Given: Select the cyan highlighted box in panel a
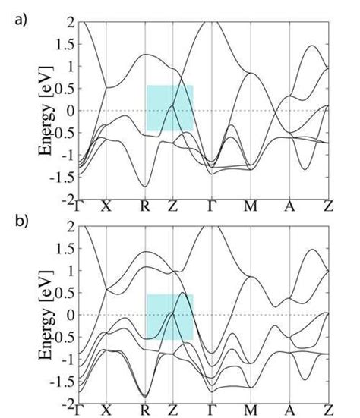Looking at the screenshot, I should (x=169, y=108).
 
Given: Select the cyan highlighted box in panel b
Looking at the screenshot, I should (x=169, y=316).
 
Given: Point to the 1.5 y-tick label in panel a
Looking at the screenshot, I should (x=63, y=44).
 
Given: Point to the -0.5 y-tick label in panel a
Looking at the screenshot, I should (x=60, y=132).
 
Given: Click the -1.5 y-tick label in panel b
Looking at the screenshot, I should (x=60, y=382).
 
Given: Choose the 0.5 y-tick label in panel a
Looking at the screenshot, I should (x=63, y=88).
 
